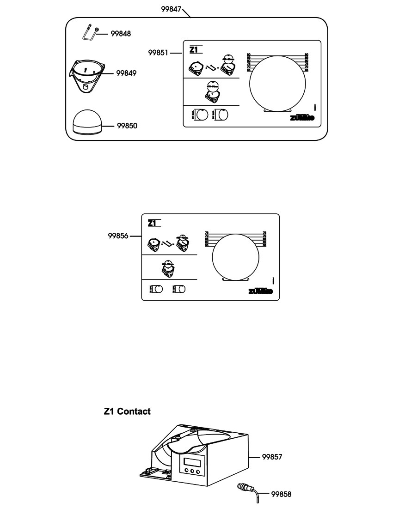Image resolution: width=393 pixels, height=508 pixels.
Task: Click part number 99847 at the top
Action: tap(171, 9)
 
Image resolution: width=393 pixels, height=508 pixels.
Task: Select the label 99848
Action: tap(121, 34)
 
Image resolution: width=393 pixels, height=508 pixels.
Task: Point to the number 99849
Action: tap(126, 73)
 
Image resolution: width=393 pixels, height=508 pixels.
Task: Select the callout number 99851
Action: tap(158, 53)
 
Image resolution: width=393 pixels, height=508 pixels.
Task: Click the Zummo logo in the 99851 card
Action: tap(302, 118)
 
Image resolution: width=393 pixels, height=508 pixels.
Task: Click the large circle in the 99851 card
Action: tap(277, 84)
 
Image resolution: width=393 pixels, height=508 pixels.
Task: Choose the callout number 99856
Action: tap(118, 236)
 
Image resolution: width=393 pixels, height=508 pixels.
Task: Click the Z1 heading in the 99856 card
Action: tap(154, 224)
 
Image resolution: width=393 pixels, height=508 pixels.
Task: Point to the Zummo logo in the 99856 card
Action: tap(260, 291)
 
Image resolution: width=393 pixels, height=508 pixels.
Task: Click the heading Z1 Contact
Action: tap(127, 411)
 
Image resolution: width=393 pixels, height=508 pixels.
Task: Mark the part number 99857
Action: tap(272, 457)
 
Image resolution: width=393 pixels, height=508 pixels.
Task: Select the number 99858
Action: tap(281, 494)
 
